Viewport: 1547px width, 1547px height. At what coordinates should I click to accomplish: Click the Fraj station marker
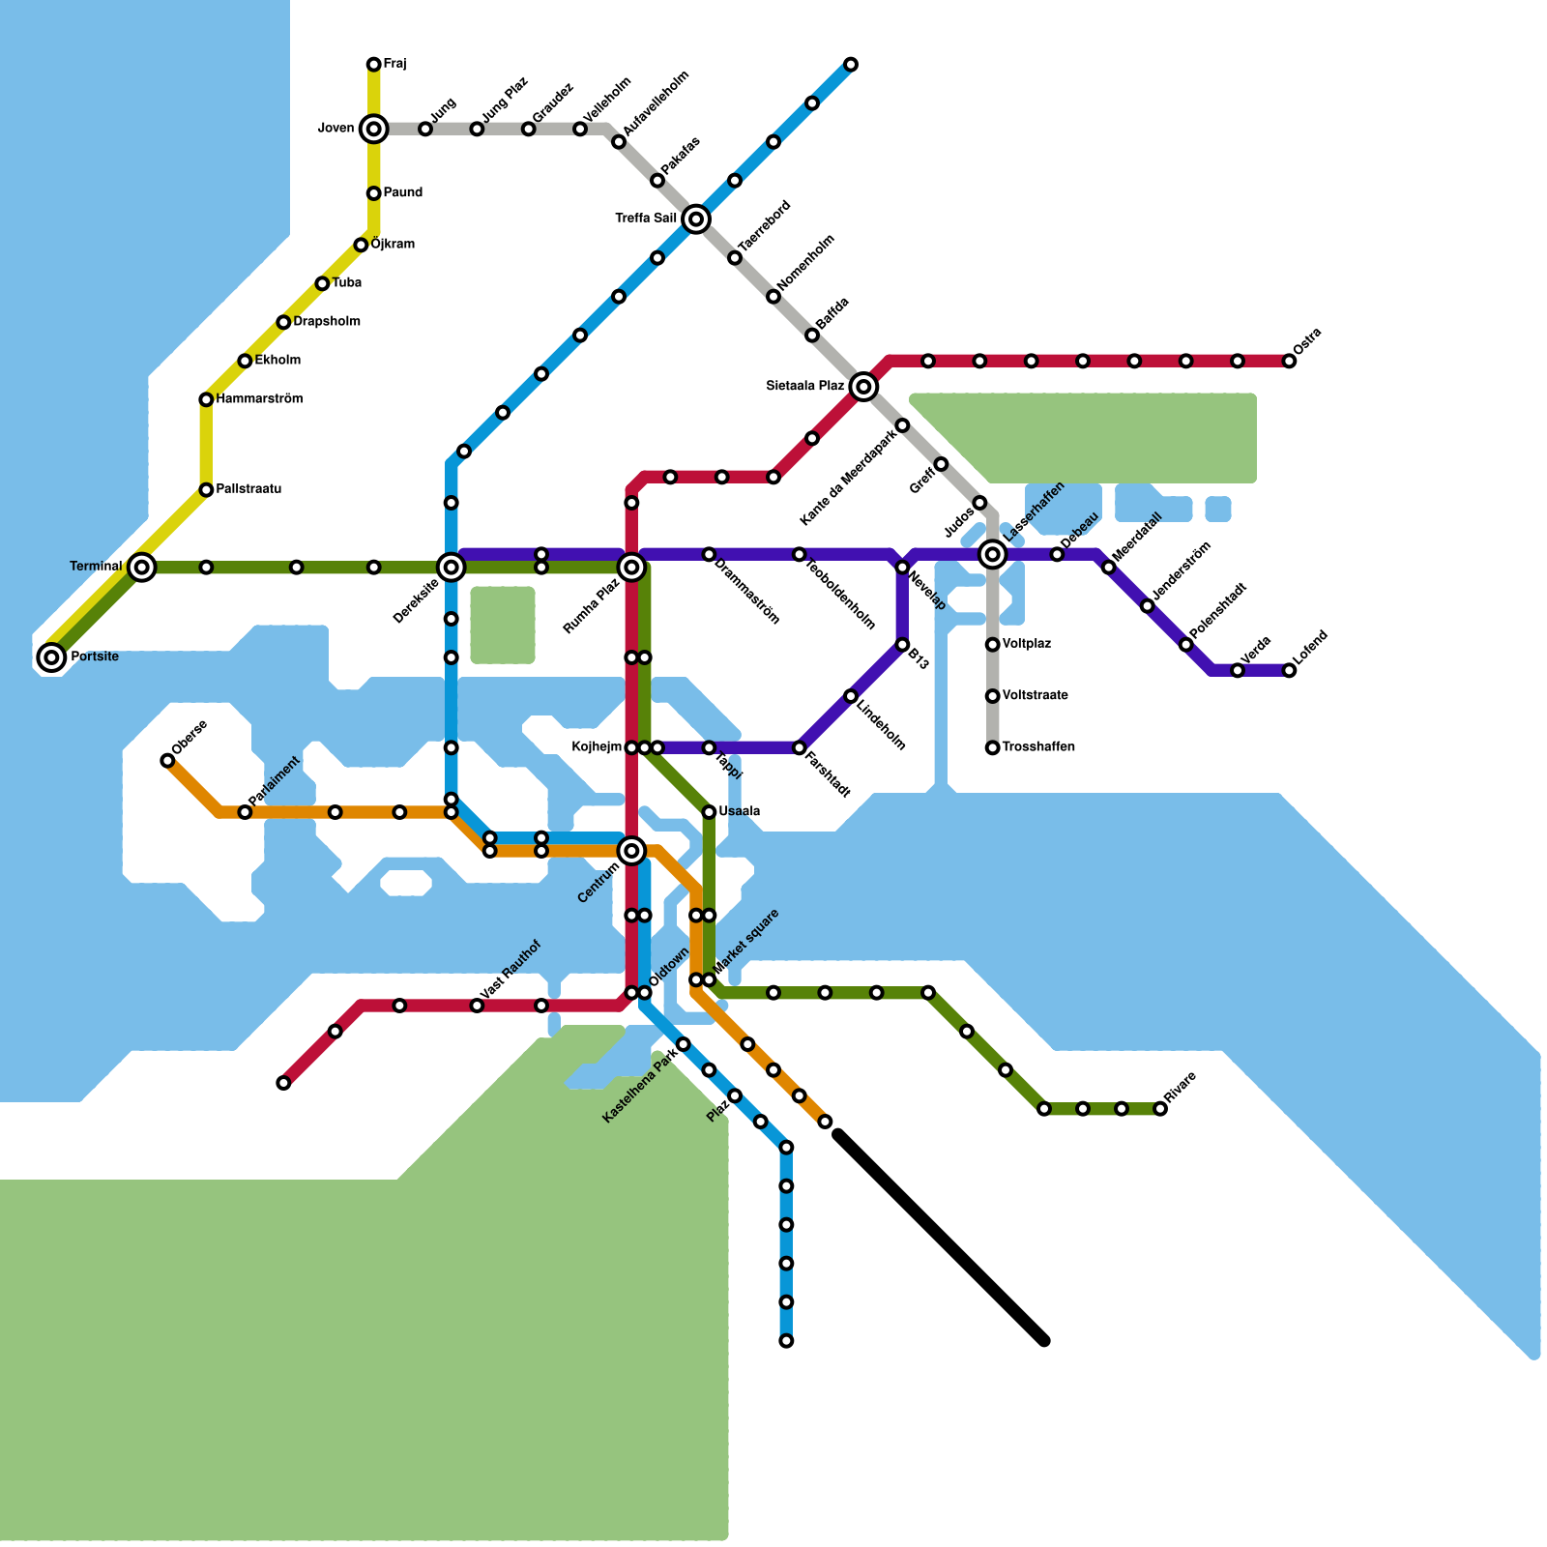(x=373, y=65)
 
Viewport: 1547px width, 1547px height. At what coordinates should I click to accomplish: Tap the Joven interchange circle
(x=373, y=129)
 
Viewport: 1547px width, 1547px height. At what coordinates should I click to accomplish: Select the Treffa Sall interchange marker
(x=696, y=219)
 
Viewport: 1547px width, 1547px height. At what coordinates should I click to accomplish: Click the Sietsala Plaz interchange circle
(x=864, y=387)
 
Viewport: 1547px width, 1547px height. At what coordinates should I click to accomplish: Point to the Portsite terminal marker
(x=52, y=657)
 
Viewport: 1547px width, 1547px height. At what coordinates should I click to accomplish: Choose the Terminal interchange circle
(x=142, y=568)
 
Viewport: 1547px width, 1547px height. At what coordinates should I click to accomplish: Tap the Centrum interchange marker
(x=631, y=851)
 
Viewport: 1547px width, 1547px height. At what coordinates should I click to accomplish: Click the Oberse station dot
(x=167, y=761)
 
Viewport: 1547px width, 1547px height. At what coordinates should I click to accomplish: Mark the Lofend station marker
(x=1289, y=671)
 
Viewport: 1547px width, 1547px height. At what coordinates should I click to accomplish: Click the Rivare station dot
(x=1160, y=1109)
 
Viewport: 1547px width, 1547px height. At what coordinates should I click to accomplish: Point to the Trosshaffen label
(x=1038, y=747)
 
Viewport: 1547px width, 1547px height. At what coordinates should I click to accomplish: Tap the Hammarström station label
(x=259, y=399)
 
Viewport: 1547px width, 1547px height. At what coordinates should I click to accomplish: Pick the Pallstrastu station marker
(x=206, y=490)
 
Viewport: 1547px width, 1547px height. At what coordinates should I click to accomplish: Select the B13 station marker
(x=902, y=645)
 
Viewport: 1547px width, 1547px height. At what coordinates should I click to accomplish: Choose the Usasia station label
(x=740, y=811)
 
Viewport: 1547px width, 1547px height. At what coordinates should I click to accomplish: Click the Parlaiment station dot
(x=245, y=812)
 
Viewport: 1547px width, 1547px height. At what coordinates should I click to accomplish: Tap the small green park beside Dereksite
(x=503, y=626)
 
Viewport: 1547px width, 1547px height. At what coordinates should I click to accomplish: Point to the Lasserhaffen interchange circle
(x=992, y=554)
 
